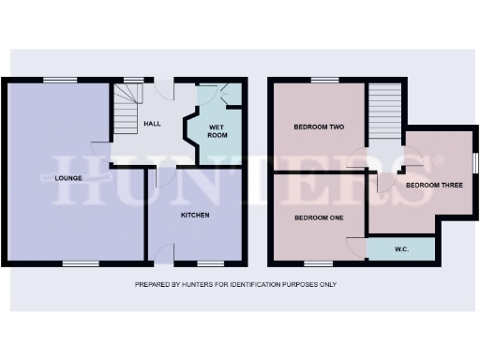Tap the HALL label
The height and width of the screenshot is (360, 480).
click(153, 124)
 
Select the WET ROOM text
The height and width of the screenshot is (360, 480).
click(217, 130)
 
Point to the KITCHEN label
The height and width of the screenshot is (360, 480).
click(195, 215)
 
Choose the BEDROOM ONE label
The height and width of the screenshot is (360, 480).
click(319, 217)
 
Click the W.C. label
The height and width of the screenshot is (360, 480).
click(400, 249)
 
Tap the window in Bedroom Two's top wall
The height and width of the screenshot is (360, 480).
click(323, 79)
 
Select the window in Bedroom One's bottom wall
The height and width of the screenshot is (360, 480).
click(319, 263)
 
